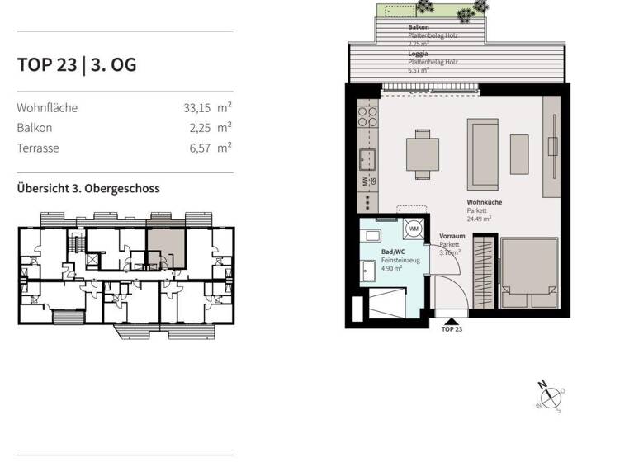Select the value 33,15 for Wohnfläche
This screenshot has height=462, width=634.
point(201,107)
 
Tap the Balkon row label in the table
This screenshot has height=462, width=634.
point(34,128)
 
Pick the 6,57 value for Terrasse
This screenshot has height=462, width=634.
point(201,148)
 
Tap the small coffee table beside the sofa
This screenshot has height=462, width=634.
point(519,153)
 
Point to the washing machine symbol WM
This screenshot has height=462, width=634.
point(415,228)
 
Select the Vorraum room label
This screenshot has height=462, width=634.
point(452,236)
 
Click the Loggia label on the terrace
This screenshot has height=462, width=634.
point(418,54)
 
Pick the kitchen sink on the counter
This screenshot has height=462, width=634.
point(367,158)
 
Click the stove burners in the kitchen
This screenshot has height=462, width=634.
point(366,116)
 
